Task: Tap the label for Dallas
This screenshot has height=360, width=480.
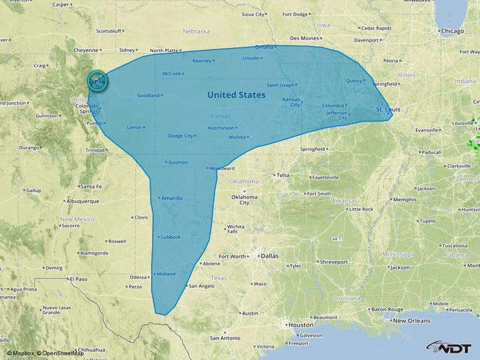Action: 270,256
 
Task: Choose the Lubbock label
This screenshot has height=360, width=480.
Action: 171,237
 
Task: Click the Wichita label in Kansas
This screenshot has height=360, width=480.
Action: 238,137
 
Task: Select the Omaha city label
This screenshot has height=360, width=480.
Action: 264,47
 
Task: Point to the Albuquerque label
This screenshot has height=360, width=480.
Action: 82,201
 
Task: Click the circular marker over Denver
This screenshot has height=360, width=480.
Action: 98,82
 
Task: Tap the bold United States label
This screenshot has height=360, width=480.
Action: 236,94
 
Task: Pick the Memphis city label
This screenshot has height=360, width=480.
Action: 405,199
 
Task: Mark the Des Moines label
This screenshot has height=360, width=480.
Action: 305,38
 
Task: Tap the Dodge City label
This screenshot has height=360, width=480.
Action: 181,136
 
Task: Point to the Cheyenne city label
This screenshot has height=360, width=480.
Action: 85,50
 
